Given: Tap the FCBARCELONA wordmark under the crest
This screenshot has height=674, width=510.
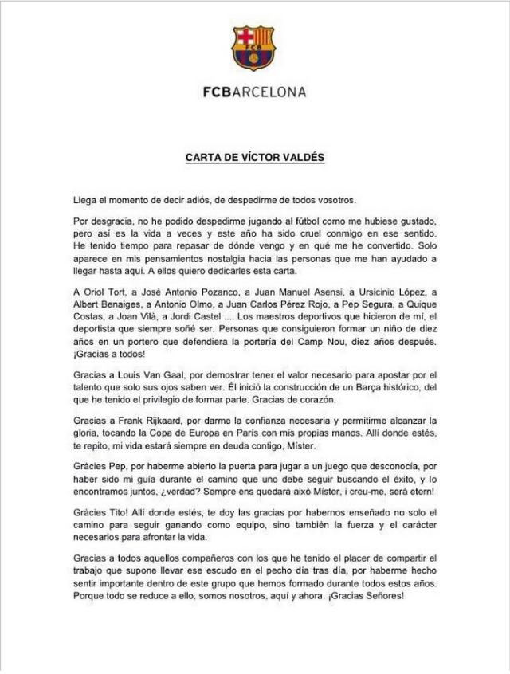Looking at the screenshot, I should [x=254, y=92].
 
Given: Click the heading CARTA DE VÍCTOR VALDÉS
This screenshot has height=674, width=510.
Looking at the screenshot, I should [x=255, y=157].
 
